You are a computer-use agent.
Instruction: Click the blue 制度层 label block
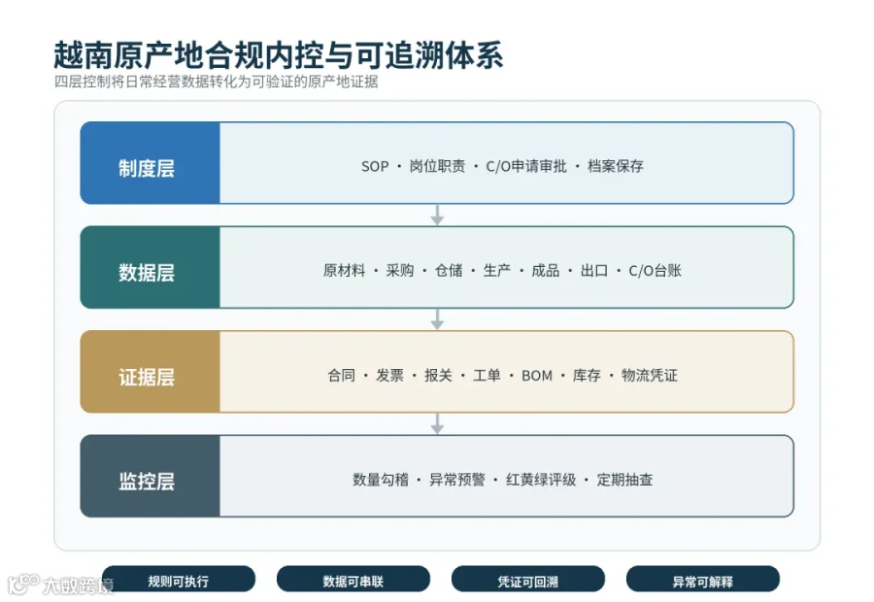click(151, 163)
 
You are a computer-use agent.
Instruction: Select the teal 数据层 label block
click(151, 267)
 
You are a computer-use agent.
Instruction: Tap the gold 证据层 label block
click(151, 372)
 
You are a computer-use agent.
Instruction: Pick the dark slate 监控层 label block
click(151, 476)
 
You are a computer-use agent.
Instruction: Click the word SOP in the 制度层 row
click(375, 166)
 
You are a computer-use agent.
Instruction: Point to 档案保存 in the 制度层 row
click(616, 166)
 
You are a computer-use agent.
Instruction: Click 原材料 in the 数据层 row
click(344, 270)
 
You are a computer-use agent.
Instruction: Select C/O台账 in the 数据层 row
click(655, 270)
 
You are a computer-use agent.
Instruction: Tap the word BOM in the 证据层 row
click(537, 376)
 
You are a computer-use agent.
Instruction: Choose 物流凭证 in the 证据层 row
click(650, 375)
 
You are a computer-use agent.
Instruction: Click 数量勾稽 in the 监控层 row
click(380, 480)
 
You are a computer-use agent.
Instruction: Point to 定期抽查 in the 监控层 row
click(624, 480)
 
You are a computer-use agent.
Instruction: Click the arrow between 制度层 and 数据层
click(438, 216)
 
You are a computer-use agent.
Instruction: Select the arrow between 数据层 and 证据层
click(438, 319)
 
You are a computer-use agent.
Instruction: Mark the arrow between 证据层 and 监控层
click(438, 423)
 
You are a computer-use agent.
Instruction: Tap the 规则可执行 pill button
click(179, 579)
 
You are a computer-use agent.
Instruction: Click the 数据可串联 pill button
click(353, 579)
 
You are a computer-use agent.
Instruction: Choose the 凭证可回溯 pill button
click(528, 579)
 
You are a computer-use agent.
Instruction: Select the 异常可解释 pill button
click(703, 579)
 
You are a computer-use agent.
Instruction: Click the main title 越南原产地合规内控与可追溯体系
click(278, 55)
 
